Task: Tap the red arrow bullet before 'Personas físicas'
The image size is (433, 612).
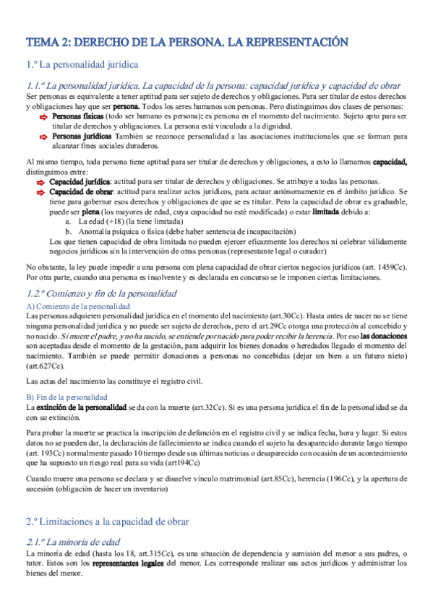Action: pos(42,116)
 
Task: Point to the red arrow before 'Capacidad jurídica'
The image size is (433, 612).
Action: pos(42,183)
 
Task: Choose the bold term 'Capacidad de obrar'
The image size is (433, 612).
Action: pos(80,193)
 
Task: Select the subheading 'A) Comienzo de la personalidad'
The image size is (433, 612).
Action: pos(77,307)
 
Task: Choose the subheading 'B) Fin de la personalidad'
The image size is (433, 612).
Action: pos(67,398)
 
